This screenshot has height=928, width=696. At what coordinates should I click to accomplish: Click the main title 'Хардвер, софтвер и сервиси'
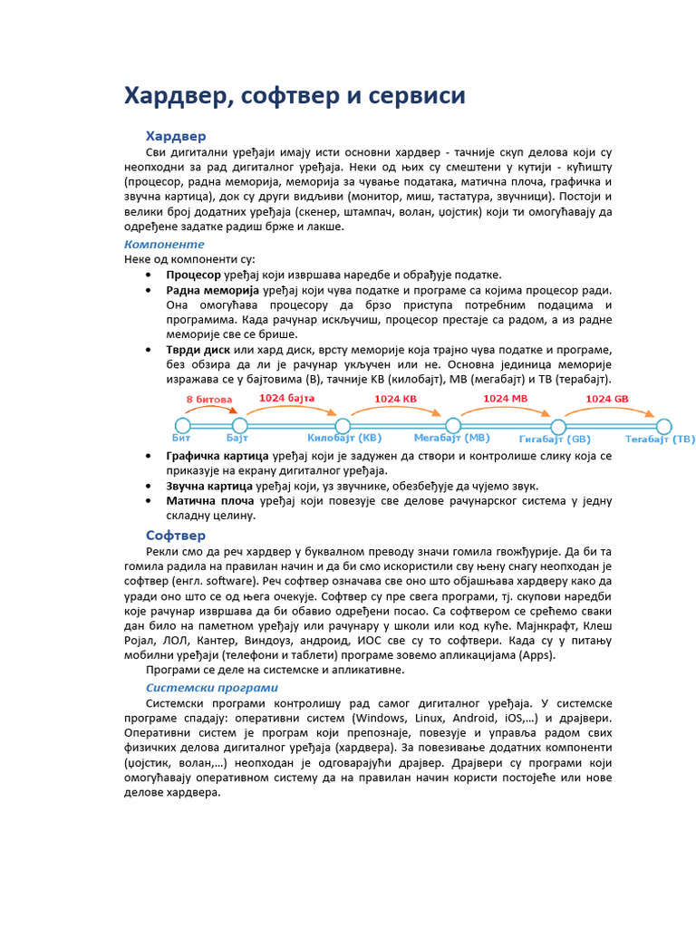coord(295,96)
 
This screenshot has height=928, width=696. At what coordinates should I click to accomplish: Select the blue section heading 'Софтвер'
coord(177,536)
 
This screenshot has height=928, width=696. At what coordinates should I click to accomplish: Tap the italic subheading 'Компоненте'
coord(164,245)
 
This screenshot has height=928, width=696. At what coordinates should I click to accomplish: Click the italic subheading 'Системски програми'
coord(212,688)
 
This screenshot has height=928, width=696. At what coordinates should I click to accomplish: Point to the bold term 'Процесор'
coord(193,275)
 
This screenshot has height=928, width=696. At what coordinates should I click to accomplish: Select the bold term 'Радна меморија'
coord(212,290)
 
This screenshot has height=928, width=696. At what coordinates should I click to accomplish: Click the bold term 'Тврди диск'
coord(198,350)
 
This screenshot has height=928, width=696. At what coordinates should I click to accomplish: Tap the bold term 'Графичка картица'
coord(217,456)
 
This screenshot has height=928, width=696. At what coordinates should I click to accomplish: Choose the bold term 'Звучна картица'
coord(208,486)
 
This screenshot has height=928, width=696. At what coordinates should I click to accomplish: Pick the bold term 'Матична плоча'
coord(209,500)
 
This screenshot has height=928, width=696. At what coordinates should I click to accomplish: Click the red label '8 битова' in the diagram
coord(209,400)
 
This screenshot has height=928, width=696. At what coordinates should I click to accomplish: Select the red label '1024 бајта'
coord(286,398)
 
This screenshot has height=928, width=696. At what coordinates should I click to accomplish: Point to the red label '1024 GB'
coord(606,399)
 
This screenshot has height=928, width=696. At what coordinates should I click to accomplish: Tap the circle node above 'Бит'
coord(183,426)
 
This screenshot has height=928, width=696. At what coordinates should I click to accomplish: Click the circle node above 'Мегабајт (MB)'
coord(453,426)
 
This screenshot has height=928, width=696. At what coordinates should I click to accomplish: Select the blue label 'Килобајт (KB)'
coord(344,439)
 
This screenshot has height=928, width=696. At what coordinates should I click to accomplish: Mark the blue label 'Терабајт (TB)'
coord(660,440)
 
